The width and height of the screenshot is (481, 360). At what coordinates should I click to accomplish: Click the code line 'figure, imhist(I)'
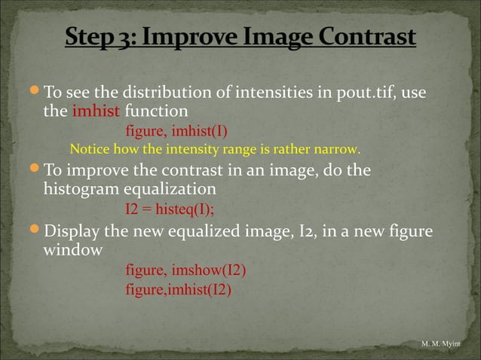(176, 130)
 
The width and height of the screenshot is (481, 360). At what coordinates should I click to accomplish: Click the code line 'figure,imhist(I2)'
(179, 289)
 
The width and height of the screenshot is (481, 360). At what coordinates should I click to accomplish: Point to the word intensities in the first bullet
(280, 93)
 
